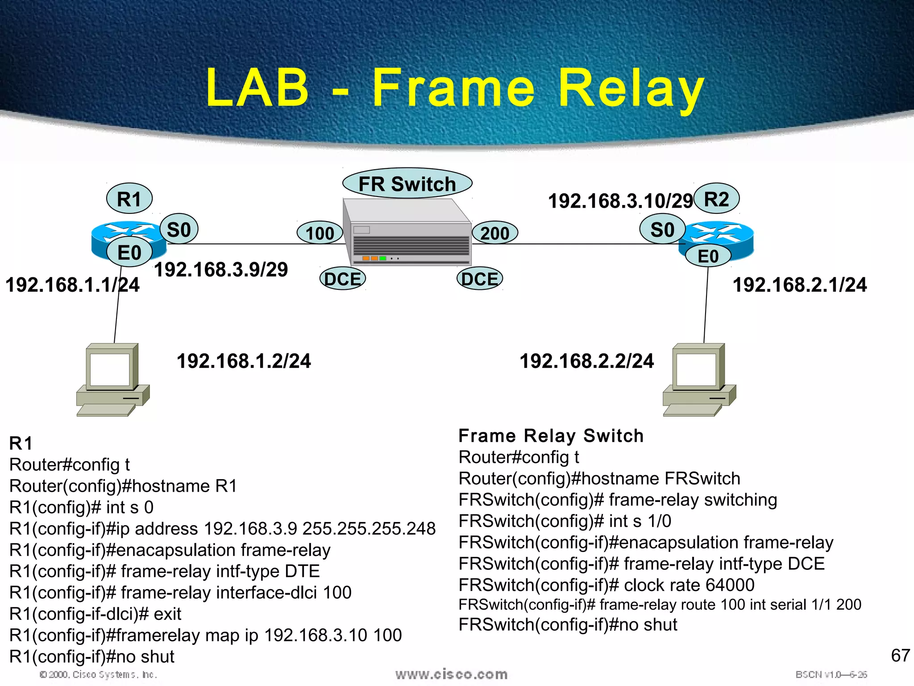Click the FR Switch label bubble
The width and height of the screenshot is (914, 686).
coord(407,184)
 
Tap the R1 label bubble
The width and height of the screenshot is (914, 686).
coord(129,199)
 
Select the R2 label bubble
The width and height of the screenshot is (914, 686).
coord(716,199)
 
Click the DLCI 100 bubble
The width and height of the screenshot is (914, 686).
coord(320,233)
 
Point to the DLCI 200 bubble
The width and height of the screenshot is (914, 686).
coord(494,233)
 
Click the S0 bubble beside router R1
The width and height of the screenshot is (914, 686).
coord(179,230)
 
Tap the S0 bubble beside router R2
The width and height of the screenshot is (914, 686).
coord(662,230)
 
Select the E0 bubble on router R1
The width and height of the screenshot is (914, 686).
coord(129,253)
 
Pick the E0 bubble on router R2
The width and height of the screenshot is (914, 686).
coord(708,256)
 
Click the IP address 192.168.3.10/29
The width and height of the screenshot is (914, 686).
coord(620,201)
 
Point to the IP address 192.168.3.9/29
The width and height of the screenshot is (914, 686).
coord(221,269)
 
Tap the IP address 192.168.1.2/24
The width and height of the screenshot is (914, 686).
coord(244,361)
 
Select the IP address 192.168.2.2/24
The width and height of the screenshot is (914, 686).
coord(586,361)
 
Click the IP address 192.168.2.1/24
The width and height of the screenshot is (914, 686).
coord(800,285)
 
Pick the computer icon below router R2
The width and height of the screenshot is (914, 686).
coord(698,380)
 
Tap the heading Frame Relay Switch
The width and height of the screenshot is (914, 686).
coord(551,435)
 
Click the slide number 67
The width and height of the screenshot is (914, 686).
coord(900,655)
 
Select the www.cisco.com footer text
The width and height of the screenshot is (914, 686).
coord(451,674)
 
